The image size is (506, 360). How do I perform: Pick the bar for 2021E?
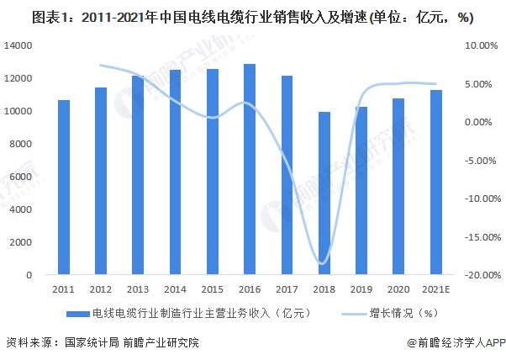pyautogui.click(x=435, y=183)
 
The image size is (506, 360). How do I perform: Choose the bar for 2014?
pyautogui.click(x=175, y=172)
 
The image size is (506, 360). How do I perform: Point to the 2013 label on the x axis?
pyautogui.click(x=138, y=289)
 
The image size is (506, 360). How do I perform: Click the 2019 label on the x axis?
pyautogui.click(x=361, y=289)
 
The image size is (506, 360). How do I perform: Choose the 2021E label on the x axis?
pyautogui.click(x=435, y=289)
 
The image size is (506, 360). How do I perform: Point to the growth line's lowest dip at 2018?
pyautogui.click(x=323, y=263)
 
